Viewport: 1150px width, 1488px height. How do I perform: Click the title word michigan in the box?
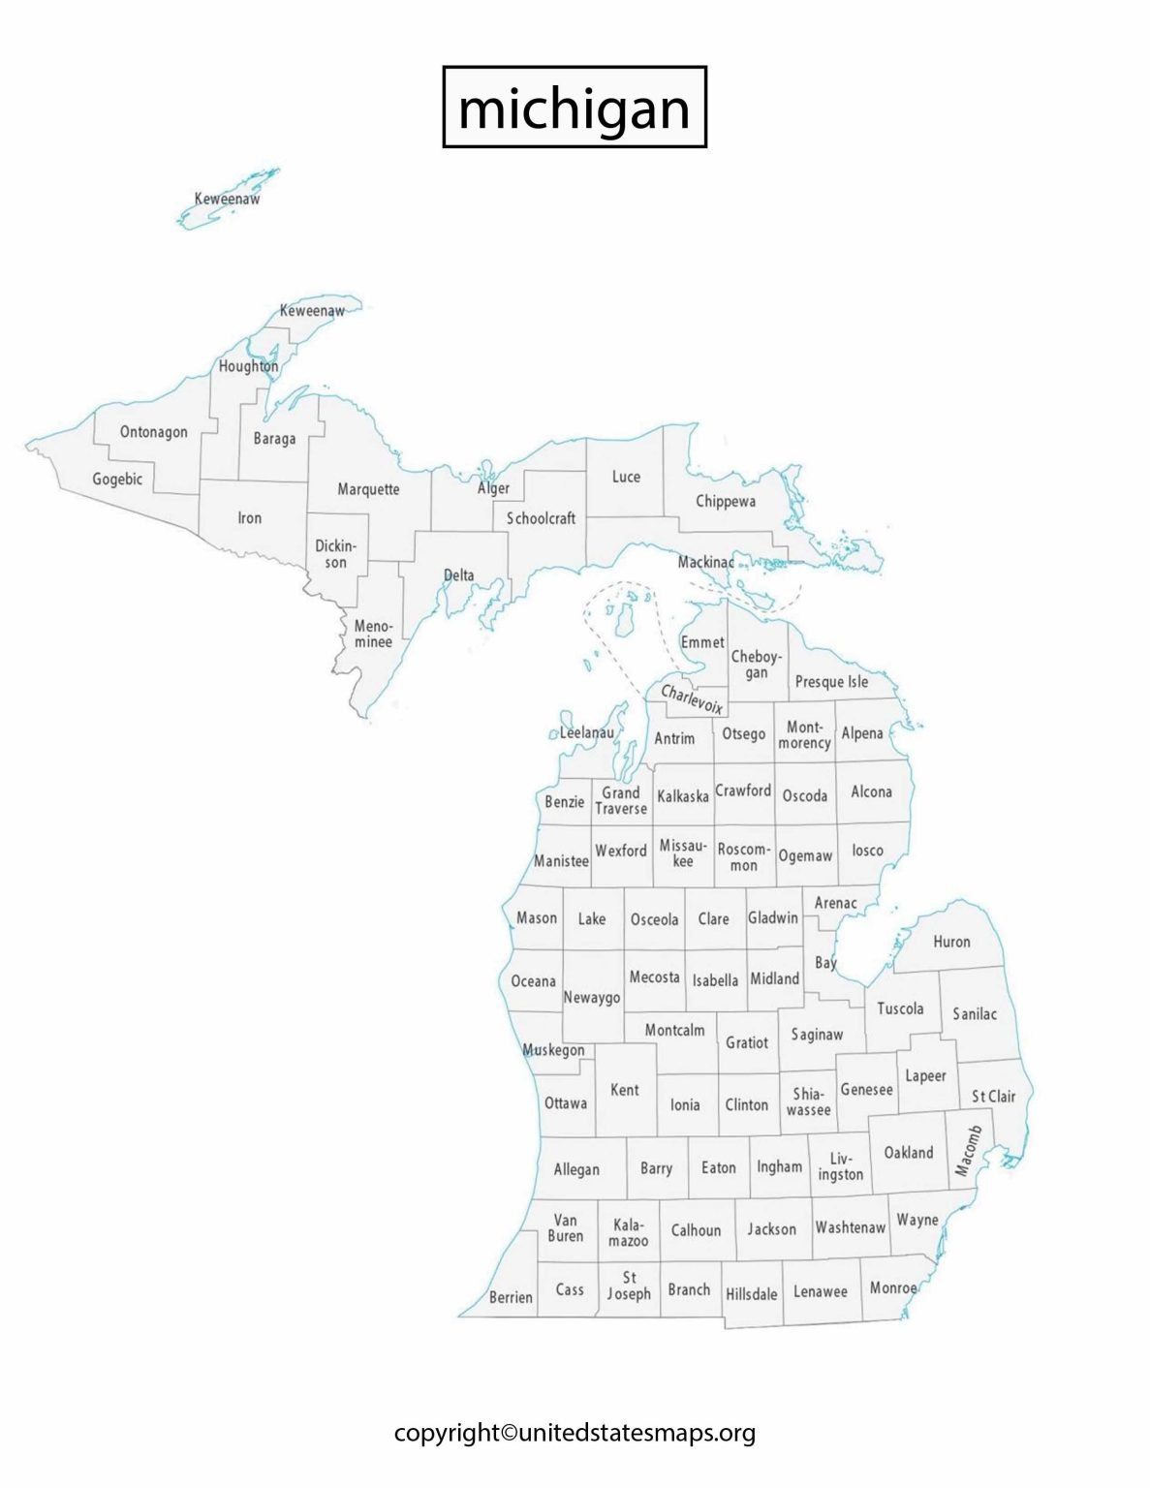574,108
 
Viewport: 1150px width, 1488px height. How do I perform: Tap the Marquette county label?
368,489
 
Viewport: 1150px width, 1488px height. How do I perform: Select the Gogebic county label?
117,479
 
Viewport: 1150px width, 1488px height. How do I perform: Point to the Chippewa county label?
726,501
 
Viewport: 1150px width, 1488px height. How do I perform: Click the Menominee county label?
373,634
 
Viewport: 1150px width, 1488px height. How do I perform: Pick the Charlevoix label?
692,698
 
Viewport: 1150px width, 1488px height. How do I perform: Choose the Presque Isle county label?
831,681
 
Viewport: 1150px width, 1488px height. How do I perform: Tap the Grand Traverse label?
621,800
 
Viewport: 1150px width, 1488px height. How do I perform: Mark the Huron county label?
951,941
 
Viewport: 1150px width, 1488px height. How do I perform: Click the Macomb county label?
968,1150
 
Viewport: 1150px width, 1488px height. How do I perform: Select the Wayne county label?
917,1220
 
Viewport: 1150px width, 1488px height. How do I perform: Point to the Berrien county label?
511,1297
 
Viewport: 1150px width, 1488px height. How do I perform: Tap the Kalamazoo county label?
628,1232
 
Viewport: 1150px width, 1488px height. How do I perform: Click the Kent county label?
625,1090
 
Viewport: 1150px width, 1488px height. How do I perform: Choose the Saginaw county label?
817,1035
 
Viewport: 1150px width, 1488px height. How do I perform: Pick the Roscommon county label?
743,856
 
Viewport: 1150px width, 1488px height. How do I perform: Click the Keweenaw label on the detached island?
227,199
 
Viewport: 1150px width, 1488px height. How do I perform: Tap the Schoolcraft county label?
541,518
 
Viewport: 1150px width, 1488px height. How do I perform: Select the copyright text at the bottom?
575,1433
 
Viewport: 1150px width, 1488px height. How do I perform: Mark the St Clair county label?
993,1096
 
